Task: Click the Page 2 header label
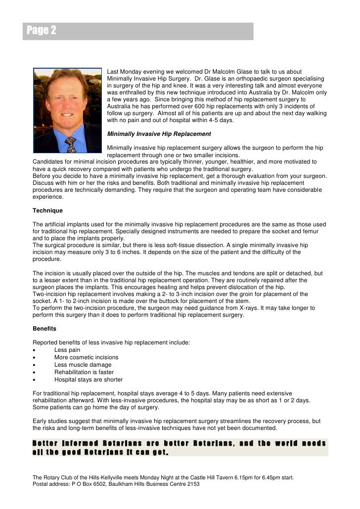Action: (x=42, y=31)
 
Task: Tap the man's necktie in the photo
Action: (x=71, y=144)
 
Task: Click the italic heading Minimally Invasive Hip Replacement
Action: (x=159, y=134)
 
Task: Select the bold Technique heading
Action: (x=47, y=211)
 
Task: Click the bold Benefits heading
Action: (x=45, y=328)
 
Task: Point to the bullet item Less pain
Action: (x=67, y=350)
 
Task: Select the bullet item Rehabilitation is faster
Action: (x=84, y=372)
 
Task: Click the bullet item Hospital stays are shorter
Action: (x=89, y=380)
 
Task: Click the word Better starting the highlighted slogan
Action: (x=45, y=443)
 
